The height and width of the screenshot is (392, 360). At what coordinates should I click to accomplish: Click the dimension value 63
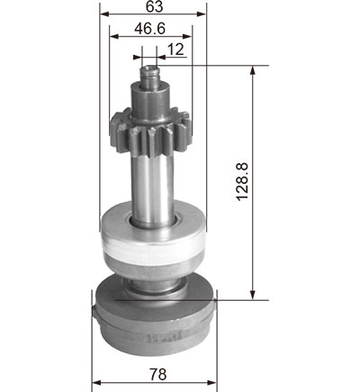[154, 6]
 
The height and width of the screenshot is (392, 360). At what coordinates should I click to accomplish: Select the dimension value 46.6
[149, 29]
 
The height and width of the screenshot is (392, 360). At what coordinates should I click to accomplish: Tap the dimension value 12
[175, 50]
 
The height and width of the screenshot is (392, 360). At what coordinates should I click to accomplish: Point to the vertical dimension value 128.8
[242, 182]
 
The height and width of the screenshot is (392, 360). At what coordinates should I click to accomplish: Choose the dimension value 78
[157, 374]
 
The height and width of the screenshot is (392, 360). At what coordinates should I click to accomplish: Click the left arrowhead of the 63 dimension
[103, 14]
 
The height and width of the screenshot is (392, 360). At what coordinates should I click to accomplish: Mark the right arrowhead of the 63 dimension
[202, 14]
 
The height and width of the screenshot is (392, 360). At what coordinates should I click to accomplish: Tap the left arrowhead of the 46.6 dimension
[114, 36]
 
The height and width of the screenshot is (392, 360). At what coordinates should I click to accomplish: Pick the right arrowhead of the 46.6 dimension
[187, 36]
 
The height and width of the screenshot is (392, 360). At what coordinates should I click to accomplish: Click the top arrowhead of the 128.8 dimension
[253, 70]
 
